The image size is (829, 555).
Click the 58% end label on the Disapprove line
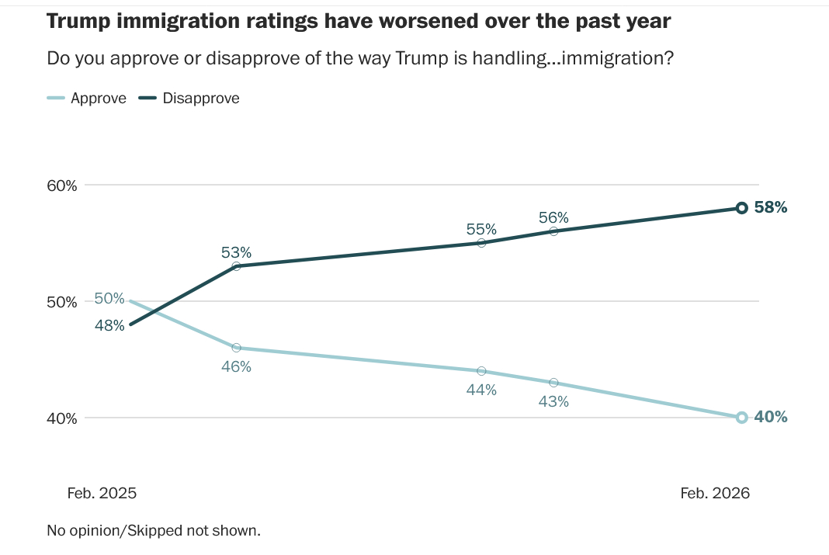[x=771, y=207]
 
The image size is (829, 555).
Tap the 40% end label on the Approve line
[x=771, y=417]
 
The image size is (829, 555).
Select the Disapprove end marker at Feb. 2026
[x=741, y=208]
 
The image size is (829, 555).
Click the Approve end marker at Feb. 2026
[x=741, y=418]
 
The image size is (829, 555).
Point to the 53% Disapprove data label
[x=236, y=252]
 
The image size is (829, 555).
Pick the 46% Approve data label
[x=236, y=366]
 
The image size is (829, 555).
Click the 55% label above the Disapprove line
[x=481, y=229]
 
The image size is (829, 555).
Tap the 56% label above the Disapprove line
[x=553, y=217]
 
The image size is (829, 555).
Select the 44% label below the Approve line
[x=481, y=390]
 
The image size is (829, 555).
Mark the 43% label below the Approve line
[x=553, y=401]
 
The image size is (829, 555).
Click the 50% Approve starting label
[x=109, y=298]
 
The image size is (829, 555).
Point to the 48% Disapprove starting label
[x=109, y=326]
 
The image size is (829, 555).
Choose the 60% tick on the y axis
[x=62, y=186]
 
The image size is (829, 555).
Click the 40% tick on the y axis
[x=62, y=418]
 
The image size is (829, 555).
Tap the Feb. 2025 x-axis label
[x=102, y=493]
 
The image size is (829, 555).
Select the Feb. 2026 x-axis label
[x=715, y=493]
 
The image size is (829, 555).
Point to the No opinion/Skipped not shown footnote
[x=154, y=531]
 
